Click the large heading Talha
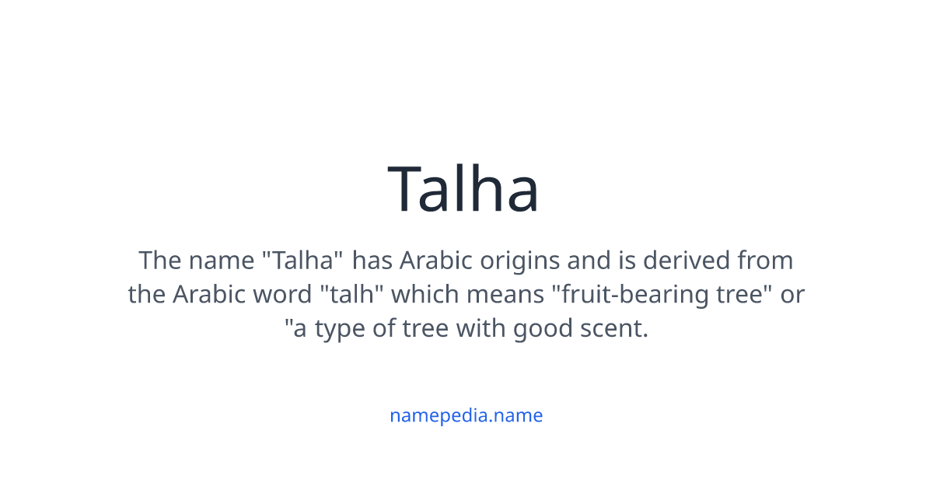463,189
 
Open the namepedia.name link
466,415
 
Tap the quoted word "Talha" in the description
299,260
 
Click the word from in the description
765,260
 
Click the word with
480,329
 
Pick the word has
373,260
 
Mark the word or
792,295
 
